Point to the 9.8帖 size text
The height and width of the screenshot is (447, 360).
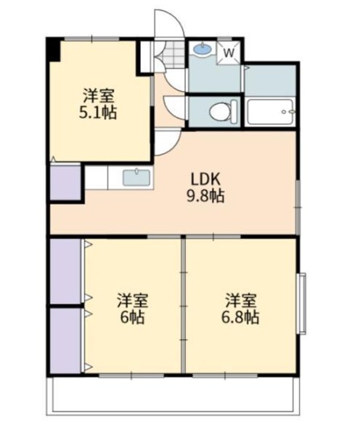[206, 197]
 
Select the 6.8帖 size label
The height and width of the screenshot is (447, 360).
[242, 317]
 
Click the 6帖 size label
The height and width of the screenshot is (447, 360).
[132, 317]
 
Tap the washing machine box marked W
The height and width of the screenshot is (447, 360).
[229, 52]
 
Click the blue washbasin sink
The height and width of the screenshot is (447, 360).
[202, 49]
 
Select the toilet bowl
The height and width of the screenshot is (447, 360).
[221, 110]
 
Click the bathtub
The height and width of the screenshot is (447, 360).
[270, 110]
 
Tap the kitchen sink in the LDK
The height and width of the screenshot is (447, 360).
[135, 177]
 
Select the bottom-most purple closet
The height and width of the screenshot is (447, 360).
[66, 340]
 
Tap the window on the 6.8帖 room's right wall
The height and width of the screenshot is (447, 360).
[303, 303]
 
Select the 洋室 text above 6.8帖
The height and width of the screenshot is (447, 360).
[242, 300]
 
